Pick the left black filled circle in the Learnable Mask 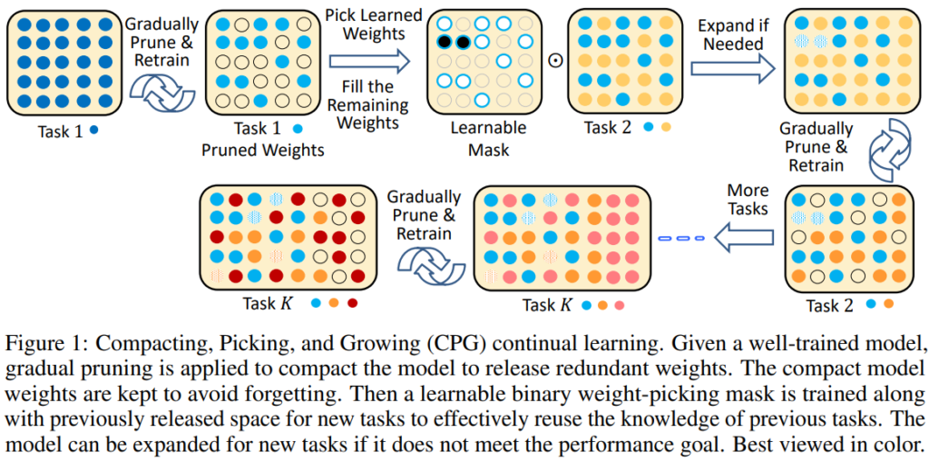click(445, 42)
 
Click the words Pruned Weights click(262, 151)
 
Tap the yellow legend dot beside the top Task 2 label click(666, 128)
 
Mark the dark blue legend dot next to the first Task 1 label click(94, 130)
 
